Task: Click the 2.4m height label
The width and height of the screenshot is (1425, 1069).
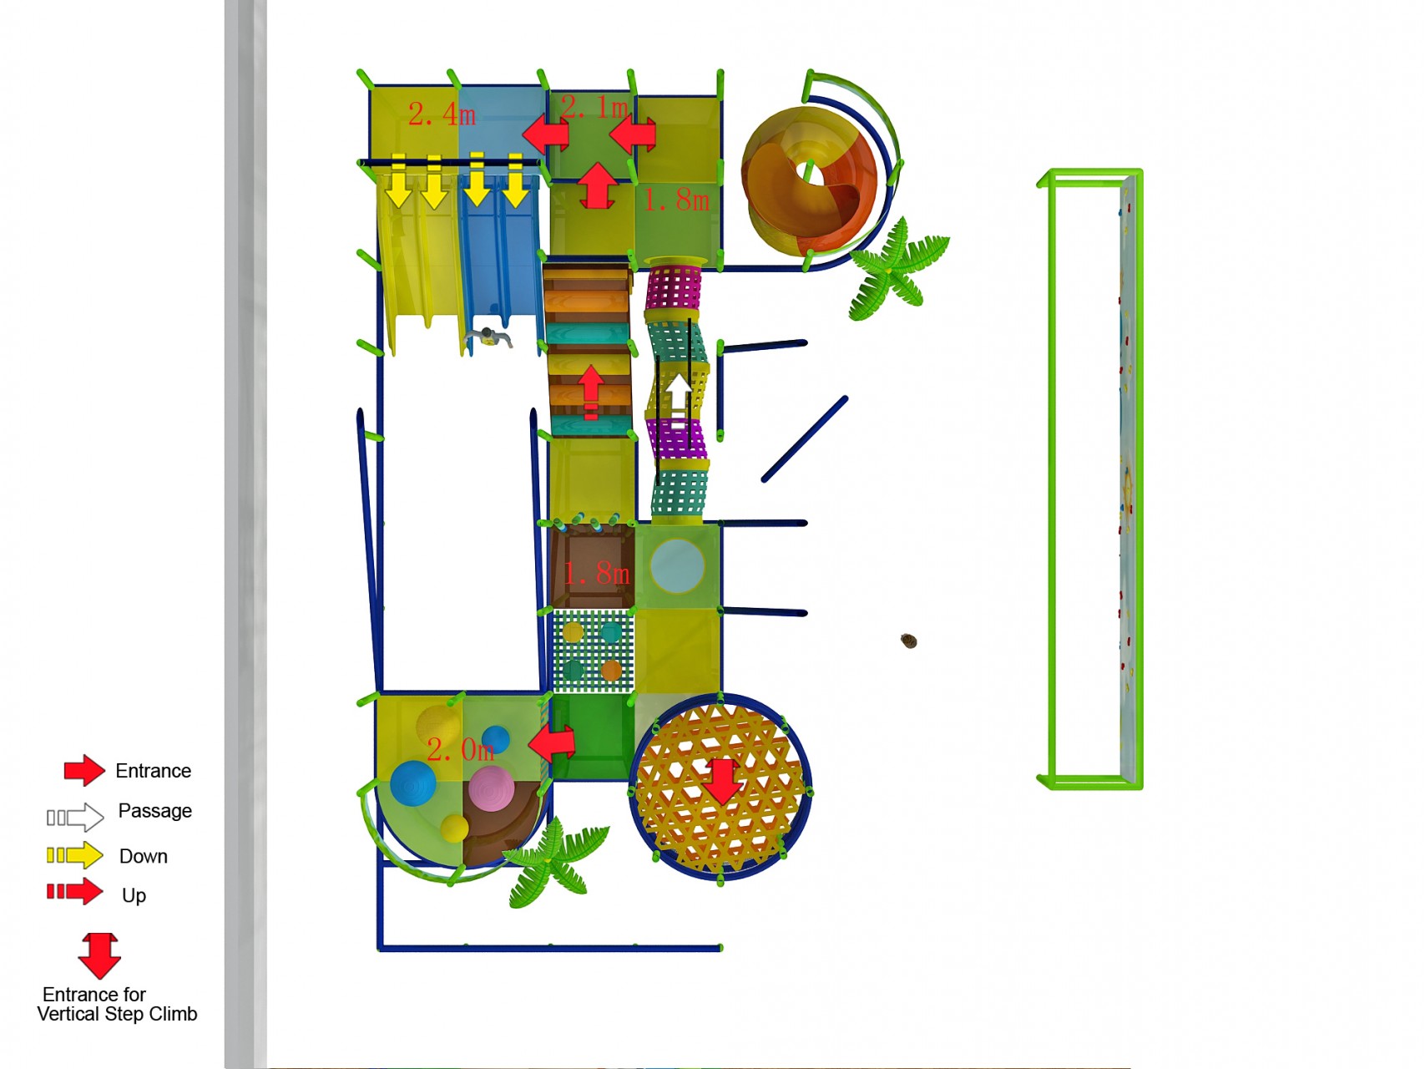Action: (x=442, y=114)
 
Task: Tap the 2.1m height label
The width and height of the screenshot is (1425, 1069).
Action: (x=594, y=107)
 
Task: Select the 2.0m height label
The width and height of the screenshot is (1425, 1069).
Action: (x=461, y=749)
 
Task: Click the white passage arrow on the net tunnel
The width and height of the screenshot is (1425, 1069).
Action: (x=678, y=395)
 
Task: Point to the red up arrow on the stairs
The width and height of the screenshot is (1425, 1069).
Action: (x=591, y=391)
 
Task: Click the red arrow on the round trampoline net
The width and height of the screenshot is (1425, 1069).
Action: (x=722, y=782)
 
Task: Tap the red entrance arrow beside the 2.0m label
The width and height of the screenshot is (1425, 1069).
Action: (x=552, y=742)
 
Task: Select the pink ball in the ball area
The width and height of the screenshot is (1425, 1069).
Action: (x=491, y=789)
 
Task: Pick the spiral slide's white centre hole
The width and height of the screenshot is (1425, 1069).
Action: (x=808, y=172)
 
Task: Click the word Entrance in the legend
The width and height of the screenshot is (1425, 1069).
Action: (x=154, y=771)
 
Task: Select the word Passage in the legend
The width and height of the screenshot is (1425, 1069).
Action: (x=155, y=811)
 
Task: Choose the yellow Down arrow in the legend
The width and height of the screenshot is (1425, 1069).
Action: (x=75, y=855)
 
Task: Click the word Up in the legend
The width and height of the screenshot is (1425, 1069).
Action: (x=134, y=895)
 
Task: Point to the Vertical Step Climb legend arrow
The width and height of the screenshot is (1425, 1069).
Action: (x=99, y=955)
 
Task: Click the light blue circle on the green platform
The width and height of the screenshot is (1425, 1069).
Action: (x=677, y=566)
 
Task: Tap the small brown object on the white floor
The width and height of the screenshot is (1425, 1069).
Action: (x=909, y=641)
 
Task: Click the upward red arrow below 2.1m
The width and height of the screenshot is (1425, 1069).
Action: (x=598, y=185)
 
